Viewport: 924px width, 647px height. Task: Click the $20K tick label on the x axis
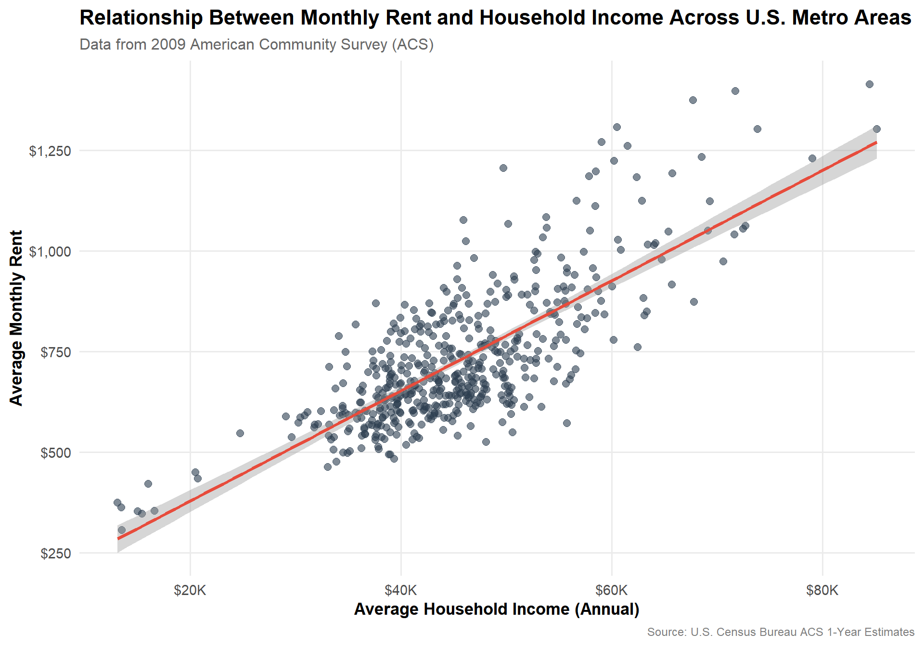click(190, 590)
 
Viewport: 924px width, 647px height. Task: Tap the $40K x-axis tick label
click(401, 590)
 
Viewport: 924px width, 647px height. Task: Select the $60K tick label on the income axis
click(612, 590)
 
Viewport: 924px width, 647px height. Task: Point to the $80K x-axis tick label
click(822, 590)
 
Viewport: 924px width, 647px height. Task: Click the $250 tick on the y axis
click(56, 554)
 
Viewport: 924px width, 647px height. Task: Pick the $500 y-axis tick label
click(56, 453)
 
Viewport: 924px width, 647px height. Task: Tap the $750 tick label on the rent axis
click(56, 352)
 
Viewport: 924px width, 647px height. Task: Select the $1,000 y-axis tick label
click(50, 252)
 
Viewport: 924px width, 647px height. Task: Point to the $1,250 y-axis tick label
click(50, 151)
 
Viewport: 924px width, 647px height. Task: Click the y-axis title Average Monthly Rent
click(16, 318)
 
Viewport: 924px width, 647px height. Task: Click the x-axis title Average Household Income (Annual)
click(497, 609)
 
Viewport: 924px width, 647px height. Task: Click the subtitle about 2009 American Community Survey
click(257, 44)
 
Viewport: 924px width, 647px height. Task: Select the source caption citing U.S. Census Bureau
click(781, 632)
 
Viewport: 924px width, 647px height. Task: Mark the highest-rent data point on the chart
click(870, 84)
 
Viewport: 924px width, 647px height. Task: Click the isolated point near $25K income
click(240, 433)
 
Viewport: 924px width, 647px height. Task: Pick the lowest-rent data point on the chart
click(122, 530)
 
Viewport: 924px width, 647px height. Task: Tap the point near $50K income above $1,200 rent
click(503, 168)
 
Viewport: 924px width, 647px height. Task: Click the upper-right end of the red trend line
click(876, 143)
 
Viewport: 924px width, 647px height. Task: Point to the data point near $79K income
click(812, 158)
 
